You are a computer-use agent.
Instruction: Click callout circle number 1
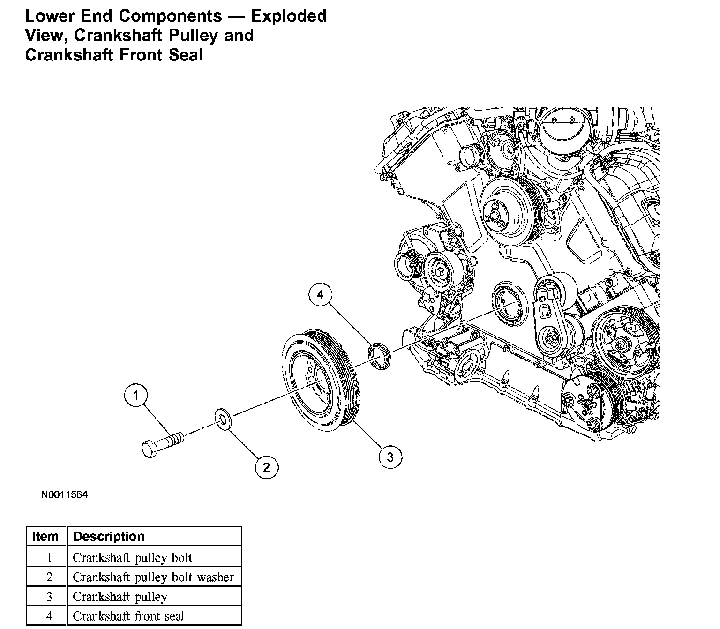136,396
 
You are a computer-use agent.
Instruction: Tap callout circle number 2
267,467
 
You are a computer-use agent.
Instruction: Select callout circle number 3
390,456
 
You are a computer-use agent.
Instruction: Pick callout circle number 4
320,295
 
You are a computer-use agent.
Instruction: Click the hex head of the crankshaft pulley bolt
150,449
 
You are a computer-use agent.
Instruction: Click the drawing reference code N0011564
64,495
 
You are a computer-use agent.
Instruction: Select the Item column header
46,536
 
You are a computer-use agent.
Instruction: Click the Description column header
109,536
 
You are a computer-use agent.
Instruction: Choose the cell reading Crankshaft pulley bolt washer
153,577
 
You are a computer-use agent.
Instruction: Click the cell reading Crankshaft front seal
129,616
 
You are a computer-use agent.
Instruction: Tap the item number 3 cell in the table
49,597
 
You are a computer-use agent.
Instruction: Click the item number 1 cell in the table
49,558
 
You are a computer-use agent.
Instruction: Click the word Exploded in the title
289,16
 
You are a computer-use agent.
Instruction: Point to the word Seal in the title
187,55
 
